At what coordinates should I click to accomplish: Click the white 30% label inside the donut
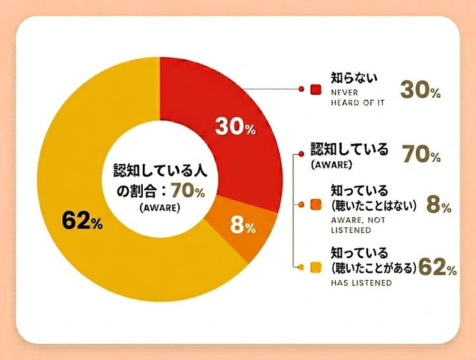click(235, 126)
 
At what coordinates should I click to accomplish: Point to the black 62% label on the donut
click(82, 221)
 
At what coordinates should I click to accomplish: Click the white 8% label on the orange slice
click(243, 226)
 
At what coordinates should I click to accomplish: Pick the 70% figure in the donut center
click(188, 191)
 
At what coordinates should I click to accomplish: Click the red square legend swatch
click(316, 89)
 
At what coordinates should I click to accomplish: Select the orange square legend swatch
click(316, 205)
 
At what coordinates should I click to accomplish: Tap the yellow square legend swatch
click(316, 268)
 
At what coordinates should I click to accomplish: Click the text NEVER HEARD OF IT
click(358, 98)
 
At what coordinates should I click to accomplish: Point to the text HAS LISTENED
click(361, 283)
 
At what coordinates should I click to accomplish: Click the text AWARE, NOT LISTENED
click(358, 225)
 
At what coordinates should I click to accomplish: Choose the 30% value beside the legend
click(420, 90)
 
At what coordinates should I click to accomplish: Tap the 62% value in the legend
click(438, 268)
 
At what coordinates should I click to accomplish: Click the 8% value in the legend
click(439, 205)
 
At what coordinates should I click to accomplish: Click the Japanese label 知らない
click(354, 78)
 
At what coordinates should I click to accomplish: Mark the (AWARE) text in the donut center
click(160, 208)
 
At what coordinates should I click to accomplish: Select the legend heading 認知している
click(350, 149)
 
